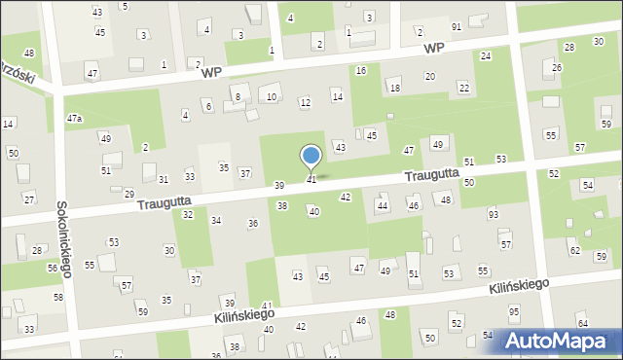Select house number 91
456,26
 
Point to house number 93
494,214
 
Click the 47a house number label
74,118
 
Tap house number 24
485,55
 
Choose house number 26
557,67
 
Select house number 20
429,76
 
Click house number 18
394,88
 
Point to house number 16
361,70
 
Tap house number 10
272,96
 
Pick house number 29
129,194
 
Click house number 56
53,268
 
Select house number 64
582,323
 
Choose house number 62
574,250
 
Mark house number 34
216,221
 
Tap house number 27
29,198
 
